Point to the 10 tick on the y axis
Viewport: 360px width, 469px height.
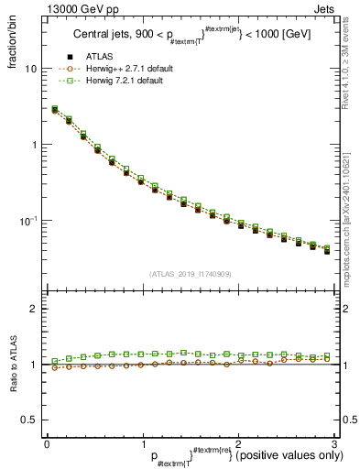click(x=30, y=69)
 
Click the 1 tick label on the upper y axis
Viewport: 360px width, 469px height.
click(x=33, y=145)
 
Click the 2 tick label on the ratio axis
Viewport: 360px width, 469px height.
click(x=33, y=309)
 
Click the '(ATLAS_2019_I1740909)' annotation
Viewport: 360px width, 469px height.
click(x=189, y=273)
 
